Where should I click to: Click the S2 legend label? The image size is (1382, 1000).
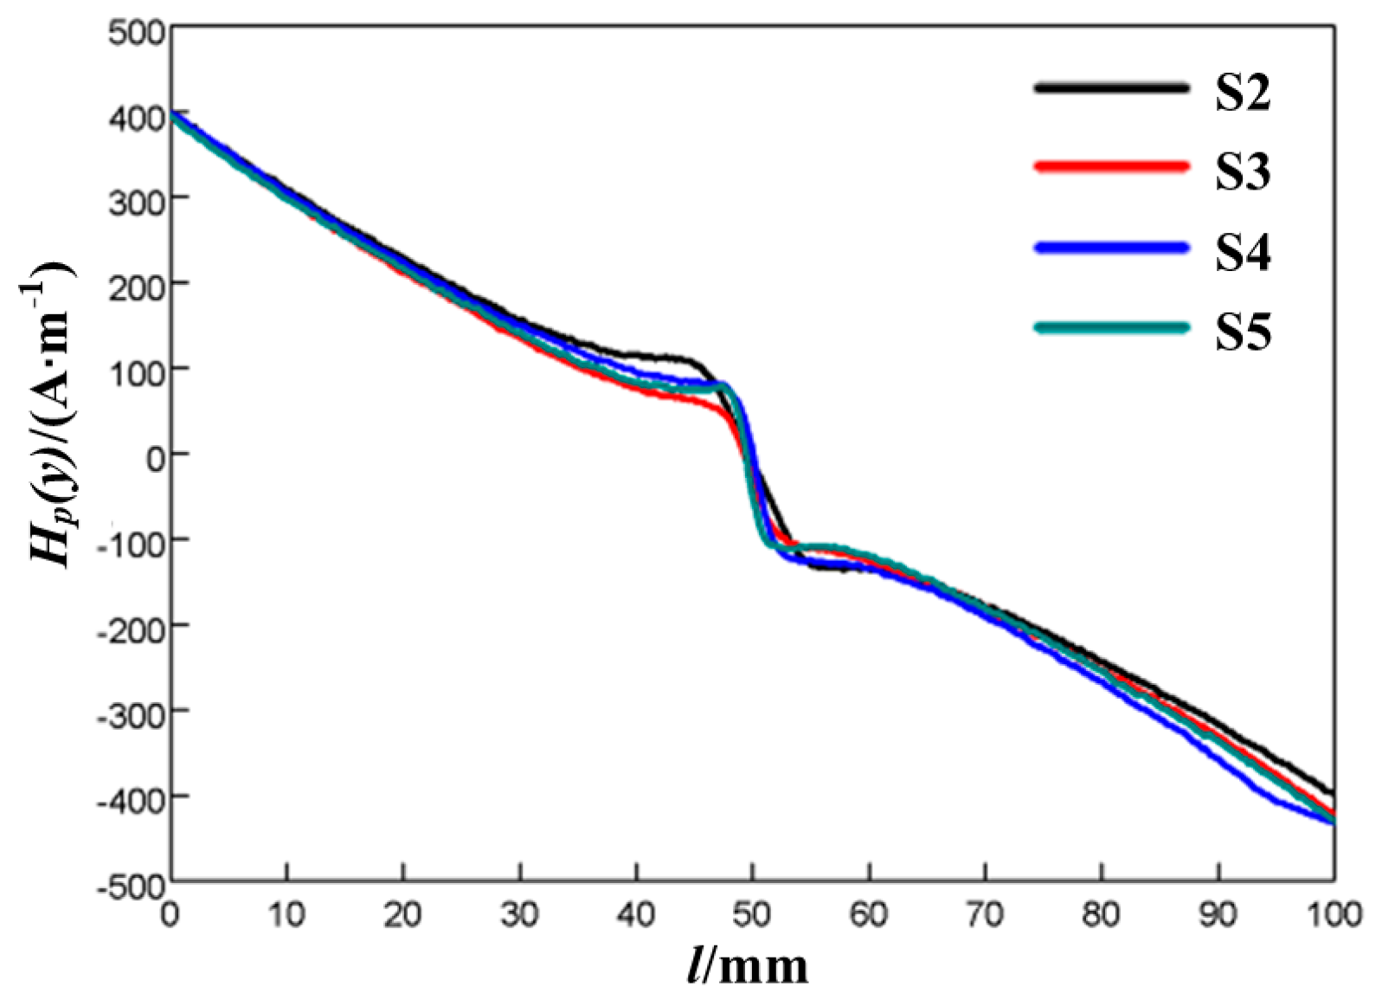(1243, 93)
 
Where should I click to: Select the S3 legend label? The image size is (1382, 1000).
(1243, 171)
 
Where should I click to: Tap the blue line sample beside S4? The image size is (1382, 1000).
(1111, 248)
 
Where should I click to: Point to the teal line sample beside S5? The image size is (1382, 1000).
(1111, 327)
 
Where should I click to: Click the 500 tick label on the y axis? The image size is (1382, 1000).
(137, 33)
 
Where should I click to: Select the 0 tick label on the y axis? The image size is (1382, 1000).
(155, 457)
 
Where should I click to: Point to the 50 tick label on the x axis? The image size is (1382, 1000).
(752, 914)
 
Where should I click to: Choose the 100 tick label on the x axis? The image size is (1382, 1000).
(1333, 914)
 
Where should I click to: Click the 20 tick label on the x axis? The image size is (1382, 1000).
(402, 914)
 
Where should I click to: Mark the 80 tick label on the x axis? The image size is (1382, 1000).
(1101, 914)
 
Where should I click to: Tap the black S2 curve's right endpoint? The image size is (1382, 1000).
(1333, 792)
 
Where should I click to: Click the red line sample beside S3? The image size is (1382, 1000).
(1111, 165)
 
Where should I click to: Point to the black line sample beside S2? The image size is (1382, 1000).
(1111, 87)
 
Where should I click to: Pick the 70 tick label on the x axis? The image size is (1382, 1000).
(985, 914)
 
